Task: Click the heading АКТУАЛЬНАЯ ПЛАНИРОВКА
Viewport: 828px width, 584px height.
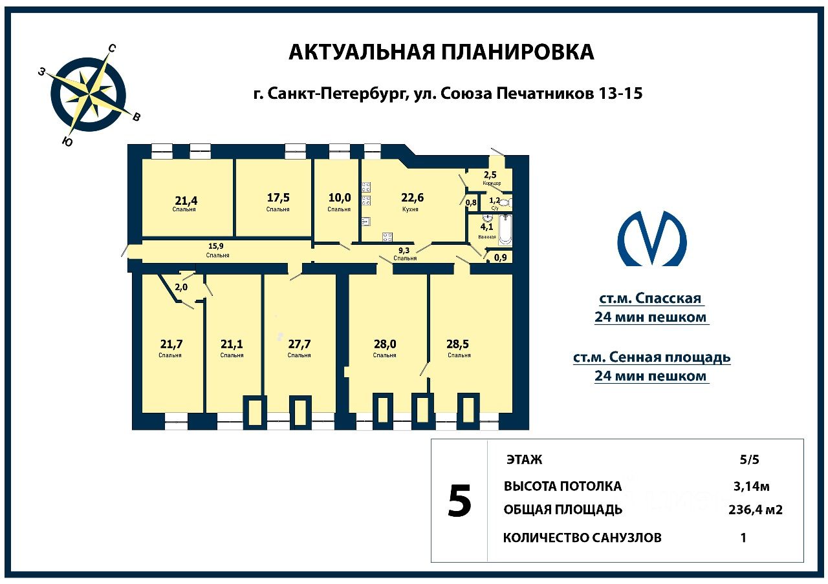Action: pyautogui.click(x=441, y=52)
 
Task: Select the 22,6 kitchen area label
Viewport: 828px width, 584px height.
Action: pyautogui.click(x=412, y=198)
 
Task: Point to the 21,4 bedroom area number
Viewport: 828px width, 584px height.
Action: pyautogui.click(x=186, y=200)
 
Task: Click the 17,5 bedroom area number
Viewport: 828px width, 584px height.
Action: pyautogui.click(x=278, y=198)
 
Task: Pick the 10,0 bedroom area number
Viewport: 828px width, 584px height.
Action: pyautogui.click(x=339, y=198)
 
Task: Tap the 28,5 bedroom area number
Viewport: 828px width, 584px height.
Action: pyautogui.click(x=459, y=344)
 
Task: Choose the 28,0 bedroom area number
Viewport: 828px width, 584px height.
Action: pyautogui.click(x=384, y=344)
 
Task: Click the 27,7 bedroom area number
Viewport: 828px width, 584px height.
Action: pyautogui.click(x=299, y=344)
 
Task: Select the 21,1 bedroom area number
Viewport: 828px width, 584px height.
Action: pyautogui.click(x=231, y=344)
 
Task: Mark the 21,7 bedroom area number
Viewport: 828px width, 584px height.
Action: pyautogui.click(x=171, y=344)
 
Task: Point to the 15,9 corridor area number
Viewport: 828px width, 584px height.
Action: pyautogui.click(x=218, y=245)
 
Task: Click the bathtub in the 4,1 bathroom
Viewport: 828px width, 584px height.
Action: pyautogui.click(x=505, y=231)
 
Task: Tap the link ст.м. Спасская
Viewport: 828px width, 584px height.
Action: pyautogui.click(x=650, y=298)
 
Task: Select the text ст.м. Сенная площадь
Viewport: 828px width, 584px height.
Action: pyautogui.click(x=651, y=357)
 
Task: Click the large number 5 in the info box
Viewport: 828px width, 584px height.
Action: pyautogui.click(x=459, y=501)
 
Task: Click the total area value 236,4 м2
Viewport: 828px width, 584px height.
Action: pyautogui.click(x=755, y=510)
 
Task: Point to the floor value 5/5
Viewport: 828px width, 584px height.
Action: pyautogui.click(x=750, y=460)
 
